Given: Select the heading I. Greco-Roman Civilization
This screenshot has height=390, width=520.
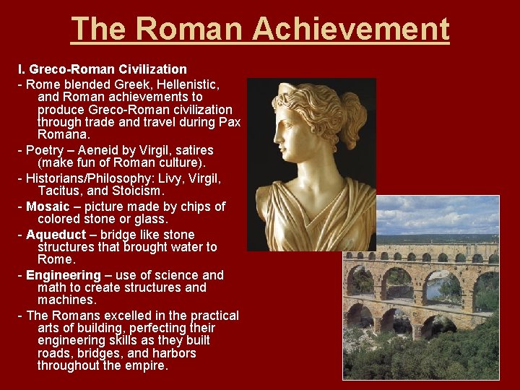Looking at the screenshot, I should click(x=102, y=69).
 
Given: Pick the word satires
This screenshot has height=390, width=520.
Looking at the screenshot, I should click(x=191, y=150).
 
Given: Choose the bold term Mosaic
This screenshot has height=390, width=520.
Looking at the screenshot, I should click(x=48, y=207).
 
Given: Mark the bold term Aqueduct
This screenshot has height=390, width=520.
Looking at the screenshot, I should click(x=55, y=235).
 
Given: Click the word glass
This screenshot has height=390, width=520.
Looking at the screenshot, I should click(x=150, y=219).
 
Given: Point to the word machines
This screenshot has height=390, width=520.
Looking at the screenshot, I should click(x=66, y=299).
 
